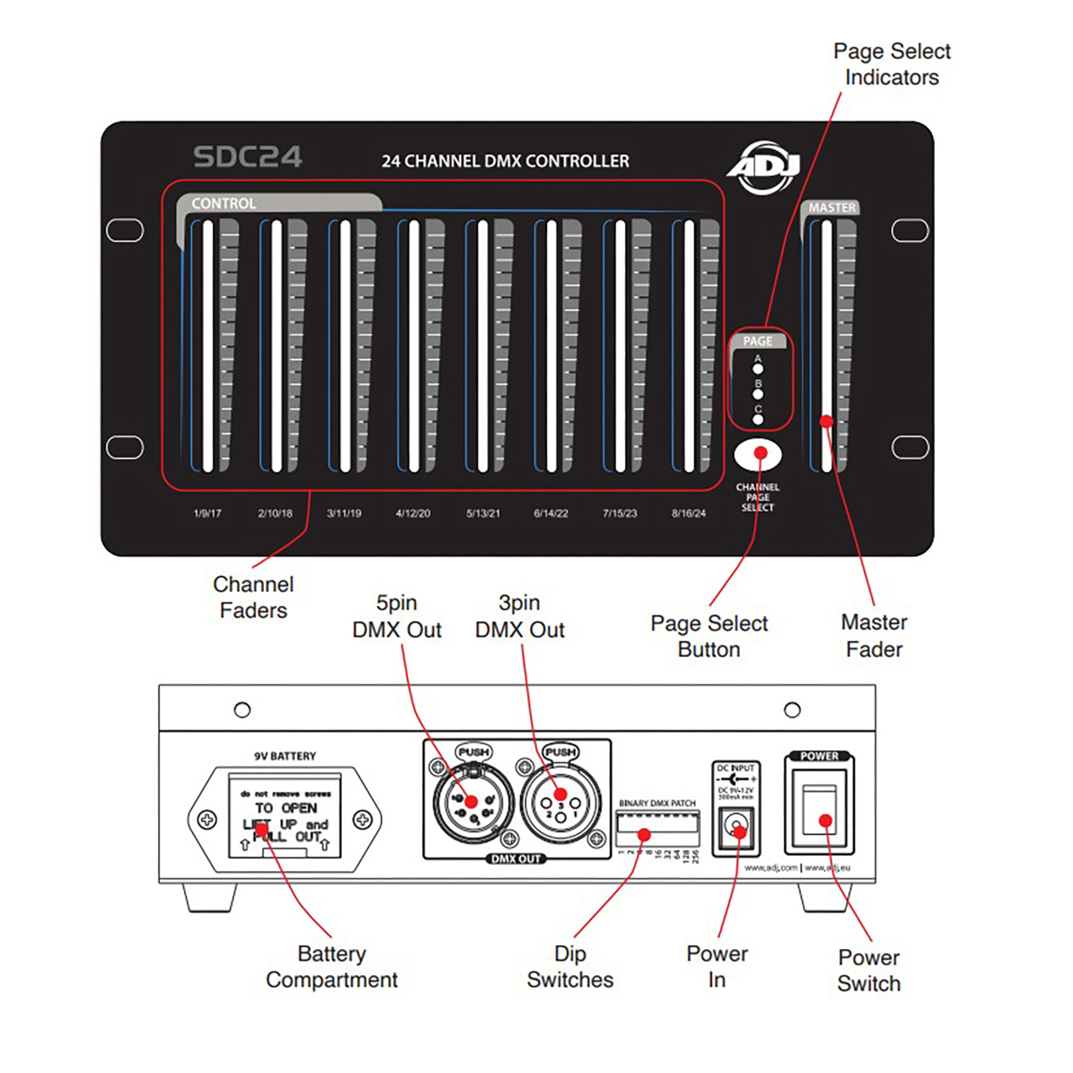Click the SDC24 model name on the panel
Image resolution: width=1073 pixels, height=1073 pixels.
click(x=247, y=157)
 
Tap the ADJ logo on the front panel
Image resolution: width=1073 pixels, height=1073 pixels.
click(x=765, y=166)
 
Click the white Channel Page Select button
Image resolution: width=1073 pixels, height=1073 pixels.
click(x=758, y=455)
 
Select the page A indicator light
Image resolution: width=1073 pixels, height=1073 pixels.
click(x=758, y=368)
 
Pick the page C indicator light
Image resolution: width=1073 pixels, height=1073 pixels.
click(x=758, y=418)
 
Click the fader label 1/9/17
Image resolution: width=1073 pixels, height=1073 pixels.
click(x=207, y=513)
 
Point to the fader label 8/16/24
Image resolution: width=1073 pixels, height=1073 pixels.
click(x=688, y=513)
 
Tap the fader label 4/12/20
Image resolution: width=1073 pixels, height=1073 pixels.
click(x=412, y=513)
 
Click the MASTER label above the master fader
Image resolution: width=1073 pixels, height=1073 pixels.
click(x=832, y=207)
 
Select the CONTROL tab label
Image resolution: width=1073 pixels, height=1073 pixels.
click(x=224, y=203)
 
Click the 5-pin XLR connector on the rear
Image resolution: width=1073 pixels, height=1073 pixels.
click(x=473, y=803)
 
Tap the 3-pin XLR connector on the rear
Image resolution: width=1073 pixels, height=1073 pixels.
click(x=561, y=803)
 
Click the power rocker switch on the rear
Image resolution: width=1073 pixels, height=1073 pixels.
click(x=820, y=810)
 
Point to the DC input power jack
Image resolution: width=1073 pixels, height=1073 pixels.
click(x=736, y=828)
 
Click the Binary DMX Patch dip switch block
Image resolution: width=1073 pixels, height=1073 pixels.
click(x=657, y=828)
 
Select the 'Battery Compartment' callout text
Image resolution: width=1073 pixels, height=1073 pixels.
click(x=332, y=967)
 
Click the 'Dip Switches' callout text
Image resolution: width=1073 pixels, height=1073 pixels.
click(x=570, y=967)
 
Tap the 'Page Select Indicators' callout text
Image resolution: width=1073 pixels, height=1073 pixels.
click(x=892, y=65)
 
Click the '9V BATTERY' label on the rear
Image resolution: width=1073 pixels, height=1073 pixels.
click(x=285, y=756)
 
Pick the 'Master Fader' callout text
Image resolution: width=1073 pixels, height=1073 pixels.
click(x=873, y=635)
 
